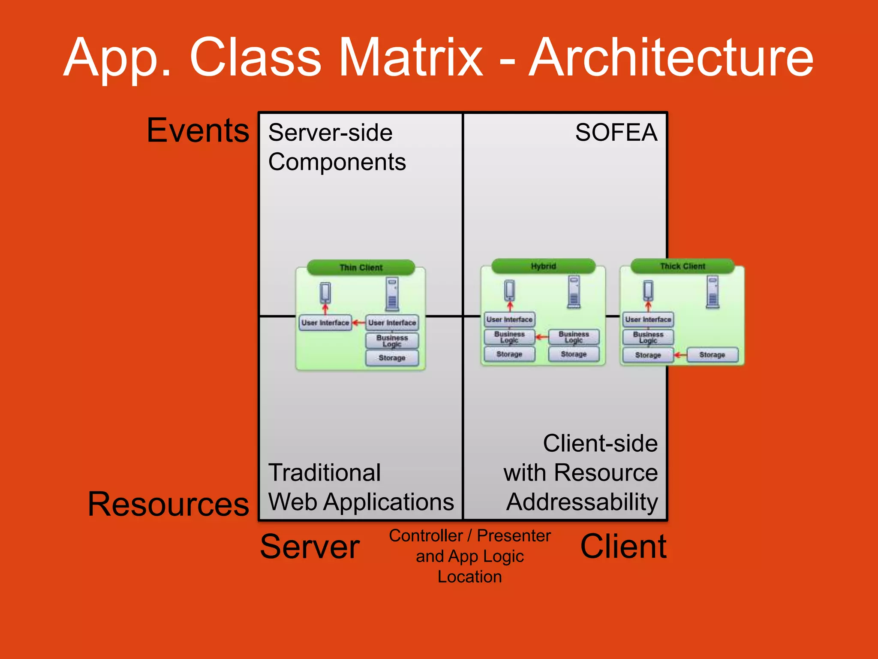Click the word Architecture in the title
671,58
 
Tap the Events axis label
198,130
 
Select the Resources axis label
168,504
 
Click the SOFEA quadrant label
616,132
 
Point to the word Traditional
325,473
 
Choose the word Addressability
582,502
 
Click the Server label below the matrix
310,547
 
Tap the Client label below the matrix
623,547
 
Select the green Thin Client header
361,267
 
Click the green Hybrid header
543,266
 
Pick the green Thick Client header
682,266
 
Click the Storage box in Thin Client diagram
392,358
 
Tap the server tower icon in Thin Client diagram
392,293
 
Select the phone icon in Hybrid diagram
509,290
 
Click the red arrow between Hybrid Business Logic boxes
542,337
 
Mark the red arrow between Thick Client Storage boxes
680,355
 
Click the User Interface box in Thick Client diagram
648,320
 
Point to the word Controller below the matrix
426,536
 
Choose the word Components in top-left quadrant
337,162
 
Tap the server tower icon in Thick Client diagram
713,292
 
